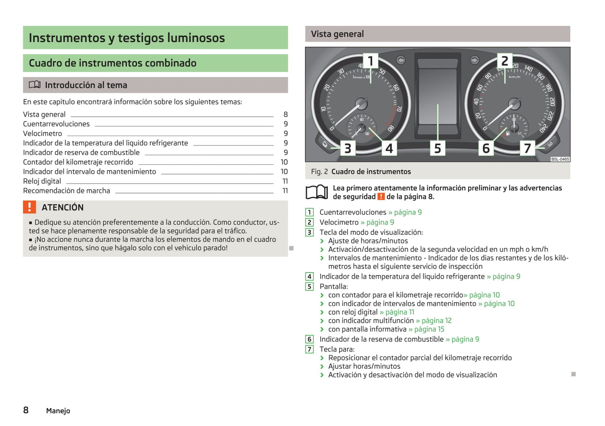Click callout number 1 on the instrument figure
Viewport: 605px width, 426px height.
click(x=370, y=61)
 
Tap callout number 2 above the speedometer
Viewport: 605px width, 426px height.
click(x=505, y=61)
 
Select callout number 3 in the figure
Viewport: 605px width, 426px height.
click(x=348, y=148)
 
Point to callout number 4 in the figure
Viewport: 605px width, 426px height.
click(x=389, y=148)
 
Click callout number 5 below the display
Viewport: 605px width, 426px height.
click(x=438, y=148)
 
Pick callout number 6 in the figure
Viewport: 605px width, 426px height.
click(x=486, y=148)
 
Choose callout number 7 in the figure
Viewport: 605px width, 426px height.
click(x=527, y=148)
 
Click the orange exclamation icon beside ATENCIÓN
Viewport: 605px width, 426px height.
click(x=29, y=207)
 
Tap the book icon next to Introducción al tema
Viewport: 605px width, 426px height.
click(x=34, y=85)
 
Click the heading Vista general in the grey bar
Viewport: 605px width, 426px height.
click(x=337, y=34)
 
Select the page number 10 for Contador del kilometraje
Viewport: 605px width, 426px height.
click(x=284, y=162)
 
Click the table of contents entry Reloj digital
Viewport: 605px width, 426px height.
click(x=42, y=181)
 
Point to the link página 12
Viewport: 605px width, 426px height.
click(x=434, y=321)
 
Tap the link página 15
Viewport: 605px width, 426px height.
click(x=427, y=329)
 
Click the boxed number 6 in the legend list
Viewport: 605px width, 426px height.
click(x=309, y=339)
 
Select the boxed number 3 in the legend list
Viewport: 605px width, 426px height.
click(x=309, y=232)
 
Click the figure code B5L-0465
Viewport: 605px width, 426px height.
click(x=560, y=159)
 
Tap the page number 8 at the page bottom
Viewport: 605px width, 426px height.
click(x=26, y=410)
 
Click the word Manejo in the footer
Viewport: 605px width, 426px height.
click(x=58, y=411)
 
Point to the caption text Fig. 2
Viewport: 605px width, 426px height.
click(x=319, y=172)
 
